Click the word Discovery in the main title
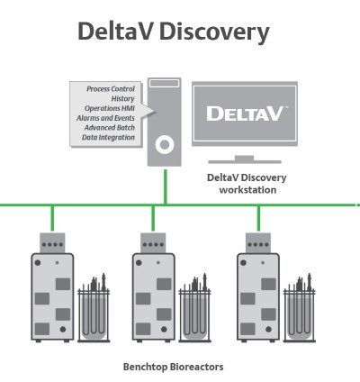coord(214,32)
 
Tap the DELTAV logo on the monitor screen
coord(246,114)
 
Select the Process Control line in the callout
coord(111,89)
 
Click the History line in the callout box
coord(122,98)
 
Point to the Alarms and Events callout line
coord(105,118)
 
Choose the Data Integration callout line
coord(108,137)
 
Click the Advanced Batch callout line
coord(110,128)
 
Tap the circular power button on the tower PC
coord(165,145)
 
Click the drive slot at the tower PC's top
coord(165,83)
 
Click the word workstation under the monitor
coord(247,190)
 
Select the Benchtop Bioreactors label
coord(174,367)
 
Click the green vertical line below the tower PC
coord(166,186)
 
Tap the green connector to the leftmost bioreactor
coord(52,218)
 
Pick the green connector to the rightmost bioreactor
coord(258,218)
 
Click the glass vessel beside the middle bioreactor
coord(195,309)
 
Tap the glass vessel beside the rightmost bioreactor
coord(300,309)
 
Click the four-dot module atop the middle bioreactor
coord(153,243)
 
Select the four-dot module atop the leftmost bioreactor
coord(52,243)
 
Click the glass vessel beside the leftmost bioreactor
coord(94,309)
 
